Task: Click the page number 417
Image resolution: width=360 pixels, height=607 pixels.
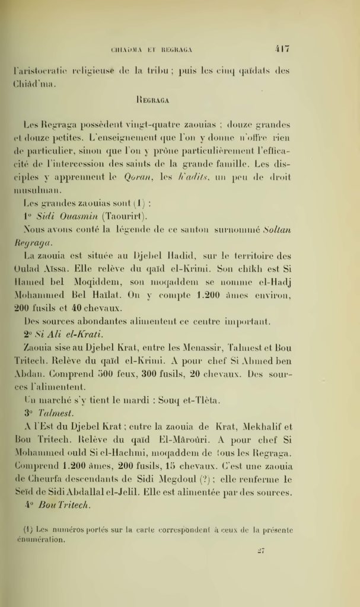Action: point(281,49)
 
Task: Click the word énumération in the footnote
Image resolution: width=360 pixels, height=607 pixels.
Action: point(44,540)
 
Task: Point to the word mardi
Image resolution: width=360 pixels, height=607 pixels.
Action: point(136,401)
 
